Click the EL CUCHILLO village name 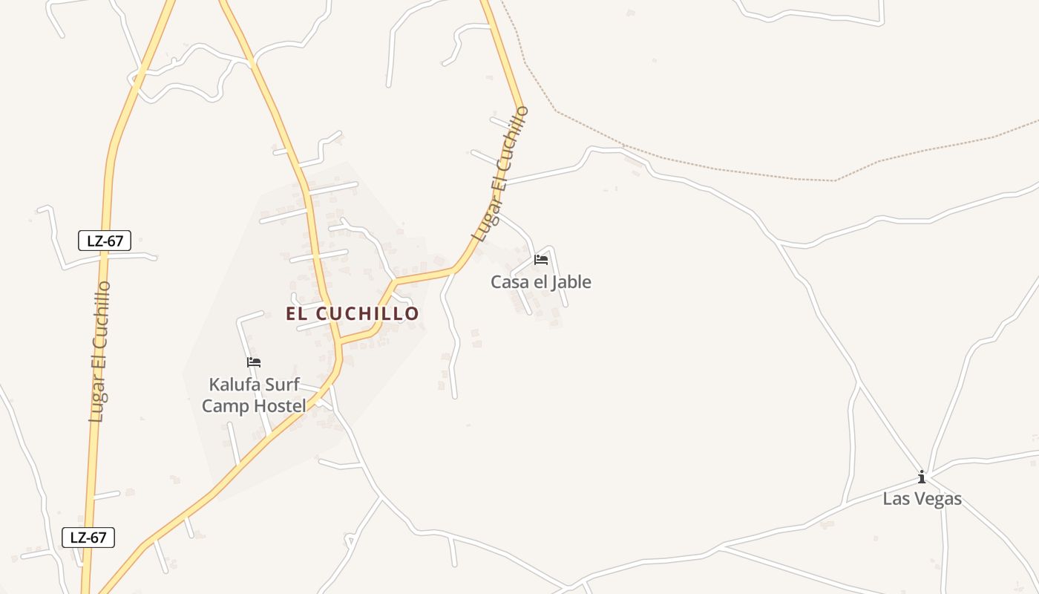click(x=353, y=313)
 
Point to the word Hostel click(x=279, y=405)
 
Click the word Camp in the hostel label click(x=224, y=405)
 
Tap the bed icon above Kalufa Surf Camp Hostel click(x=254, y=362)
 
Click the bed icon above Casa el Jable click(x=541, y=260)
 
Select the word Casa click(x=508, y=282)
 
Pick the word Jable click(x=570, y=282)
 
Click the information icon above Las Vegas click(x=922, y=477)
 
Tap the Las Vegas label click(x=922, y=499)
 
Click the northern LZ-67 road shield click(x=105, y=241)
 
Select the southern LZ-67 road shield click(x=88, y=538)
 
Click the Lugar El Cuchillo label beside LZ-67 click(x=99, y=352)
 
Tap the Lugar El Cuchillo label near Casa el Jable click(x=500, y=175)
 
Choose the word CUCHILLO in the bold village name click(x=368, y=313)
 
